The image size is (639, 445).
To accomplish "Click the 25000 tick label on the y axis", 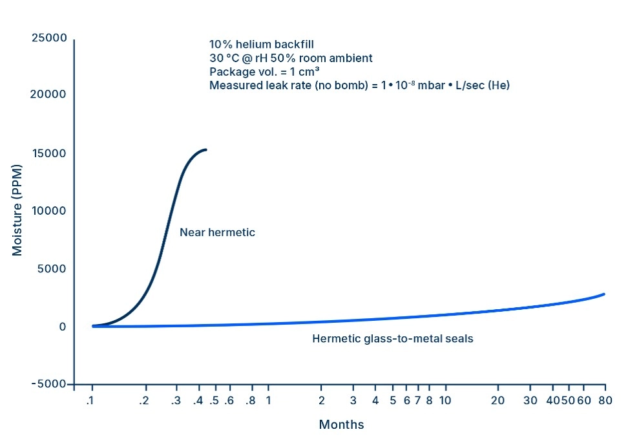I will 48,38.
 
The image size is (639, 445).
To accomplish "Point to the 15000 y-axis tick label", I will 48,153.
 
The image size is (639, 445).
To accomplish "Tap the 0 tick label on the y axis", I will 62,327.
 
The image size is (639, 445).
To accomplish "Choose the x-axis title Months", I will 341,425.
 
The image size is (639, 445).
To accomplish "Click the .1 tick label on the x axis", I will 91,400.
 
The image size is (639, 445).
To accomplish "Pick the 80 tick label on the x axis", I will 605,400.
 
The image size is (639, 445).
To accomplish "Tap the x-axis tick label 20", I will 498,400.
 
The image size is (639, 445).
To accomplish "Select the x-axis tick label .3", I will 176,400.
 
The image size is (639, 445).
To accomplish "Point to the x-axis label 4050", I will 560,400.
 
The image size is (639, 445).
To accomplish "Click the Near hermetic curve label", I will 217,232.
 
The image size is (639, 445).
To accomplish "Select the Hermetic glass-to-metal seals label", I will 393,338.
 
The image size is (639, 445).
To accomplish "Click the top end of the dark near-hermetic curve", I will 205,150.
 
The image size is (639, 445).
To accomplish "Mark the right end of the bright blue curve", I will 604,294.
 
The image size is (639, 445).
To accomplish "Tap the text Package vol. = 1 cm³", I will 264,71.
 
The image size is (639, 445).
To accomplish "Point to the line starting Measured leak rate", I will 359,85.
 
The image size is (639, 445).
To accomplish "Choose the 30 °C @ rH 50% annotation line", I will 291,58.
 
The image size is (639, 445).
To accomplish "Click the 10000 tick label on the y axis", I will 48,211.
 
